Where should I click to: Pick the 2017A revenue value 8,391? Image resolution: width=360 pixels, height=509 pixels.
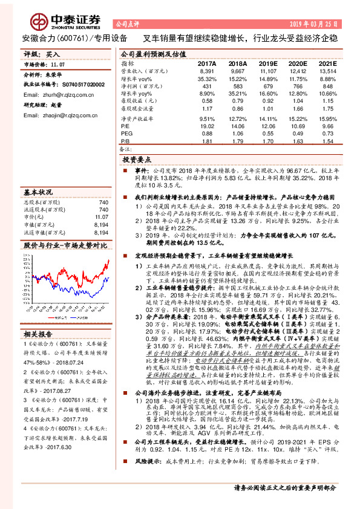click(x=208, y=71)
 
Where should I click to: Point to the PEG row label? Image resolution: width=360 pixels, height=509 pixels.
click(x=126, y=133)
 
